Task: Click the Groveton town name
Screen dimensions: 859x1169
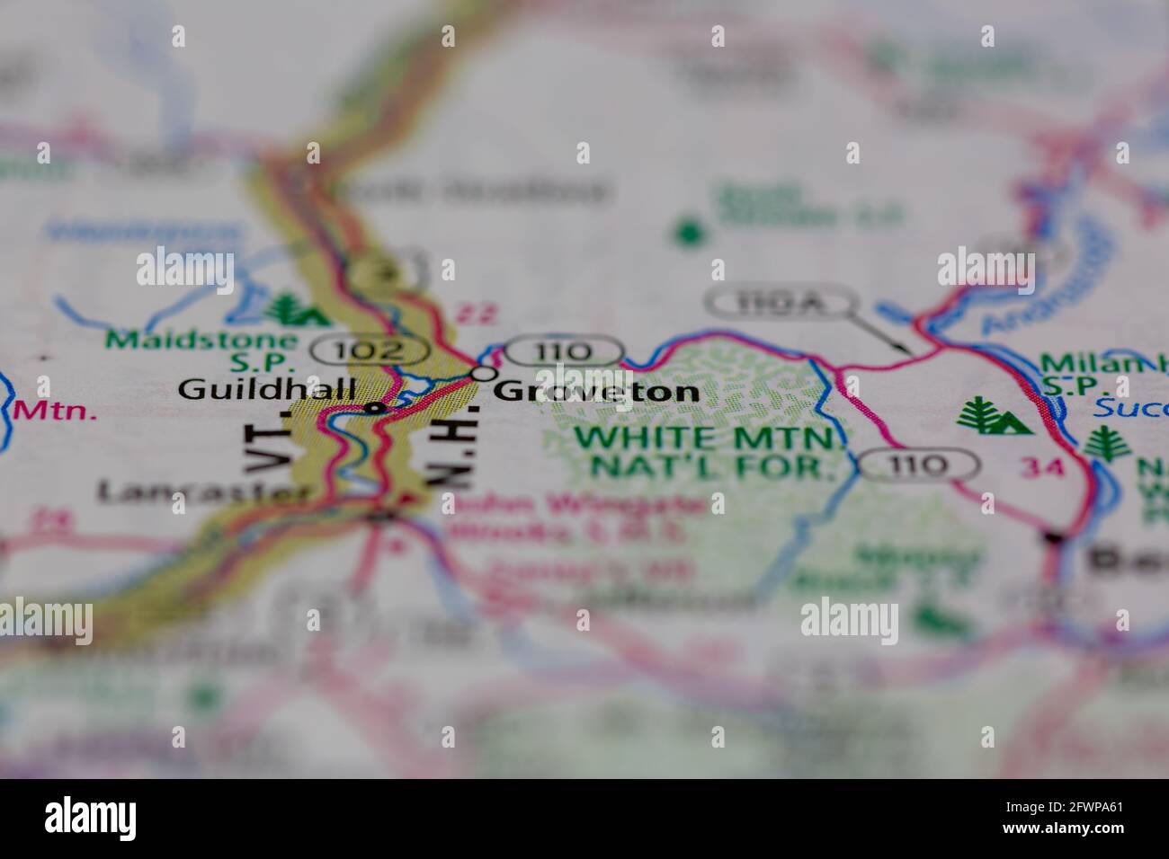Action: point(596,391)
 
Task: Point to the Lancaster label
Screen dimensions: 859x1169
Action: point(206,491)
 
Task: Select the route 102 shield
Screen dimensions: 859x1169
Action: point(370,350)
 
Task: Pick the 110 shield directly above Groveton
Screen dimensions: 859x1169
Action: point(563,351)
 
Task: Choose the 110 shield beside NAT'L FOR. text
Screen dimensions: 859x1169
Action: point(917,465)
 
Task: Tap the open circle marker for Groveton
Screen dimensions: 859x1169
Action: point(485,372)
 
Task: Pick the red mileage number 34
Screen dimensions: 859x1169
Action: point(1042,466)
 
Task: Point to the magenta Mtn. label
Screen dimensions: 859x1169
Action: point(56,412)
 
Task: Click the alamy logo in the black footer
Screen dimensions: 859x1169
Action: point(91,818)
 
